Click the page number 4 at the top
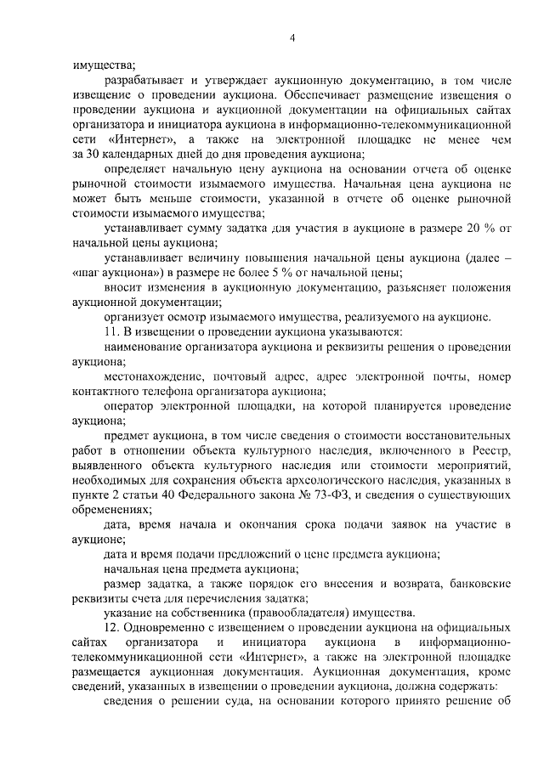pyautogui.click(x=292, y=37)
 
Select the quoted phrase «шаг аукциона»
pyautogui.click(x=112, y=273)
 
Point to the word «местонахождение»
pyautogui.click(x=154, y=376)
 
